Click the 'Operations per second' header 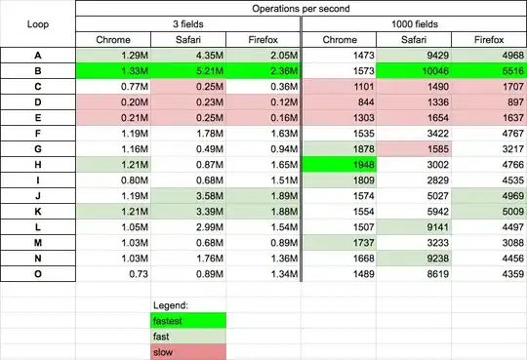301,9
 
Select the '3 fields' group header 188,24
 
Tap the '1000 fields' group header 415,24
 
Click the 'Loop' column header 38,24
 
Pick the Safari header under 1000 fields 414,40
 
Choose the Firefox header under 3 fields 263,40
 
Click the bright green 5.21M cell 188,71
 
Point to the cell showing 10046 414,71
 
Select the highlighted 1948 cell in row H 340,165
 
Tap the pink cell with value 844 340,102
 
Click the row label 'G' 38,149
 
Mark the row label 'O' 38,274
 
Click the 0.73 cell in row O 113,274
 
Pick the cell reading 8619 414,274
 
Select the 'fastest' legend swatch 188,321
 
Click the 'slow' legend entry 188,352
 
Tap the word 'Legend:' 171,305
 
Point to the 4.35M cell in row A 188,56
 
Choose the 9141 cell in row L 414,227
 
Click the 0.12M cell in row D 263,102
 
